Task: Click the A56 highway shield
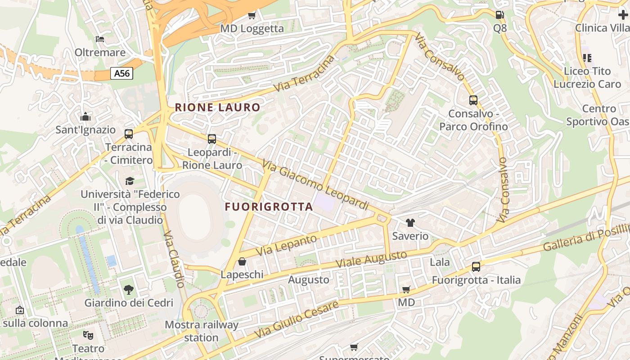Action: tap(122, 73)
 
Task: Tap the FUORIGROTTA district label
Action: tap(269, 207)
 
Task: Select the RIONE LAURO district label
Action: tap(218, 108)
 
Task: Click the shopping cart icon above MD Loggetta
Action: tap(252, 16)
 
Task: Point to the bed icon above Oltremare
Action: tap(100, 39)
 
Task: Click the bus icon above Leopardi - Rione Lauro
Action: tap(212, 139)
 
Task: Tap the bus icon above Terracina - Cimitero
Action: tap(129, 134)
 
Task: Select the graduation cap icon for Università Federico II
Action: tap(130, 181)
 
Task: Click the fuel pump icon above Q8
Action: tap(499, 15)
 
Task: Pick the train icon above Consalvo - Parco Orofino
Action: tap(473, 100)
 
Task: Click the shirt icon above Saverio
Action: tap(410, 222)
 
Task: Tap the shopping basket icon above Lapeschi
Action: tap(242, 261)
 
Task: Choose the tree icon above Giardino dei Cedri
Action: tap(129, 289)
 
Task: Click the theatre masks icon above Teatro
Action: tap(88, 335)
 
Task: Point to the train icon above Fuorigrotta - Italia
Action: tap(476, 267)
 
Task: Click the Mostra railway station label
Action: tap(201, 331)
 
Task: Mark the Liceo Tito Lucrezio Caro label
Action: tap(587, 77)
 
